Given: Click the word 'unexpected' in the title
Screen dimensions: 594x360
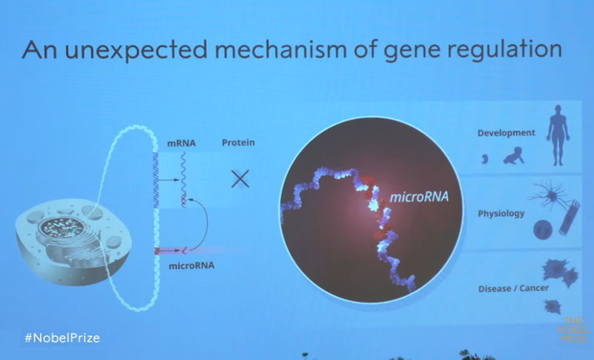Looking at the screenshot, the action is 136,50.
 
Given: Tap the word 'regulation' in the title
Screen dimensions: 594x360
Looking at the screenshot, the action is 505,50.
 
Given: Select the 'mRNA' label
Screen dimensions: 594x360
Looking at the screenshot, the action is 181,143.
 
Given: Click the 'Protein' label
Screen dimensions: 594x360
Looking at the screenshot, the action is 238,142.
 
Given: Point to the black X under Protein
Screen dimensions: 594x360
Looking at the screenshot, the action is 240,179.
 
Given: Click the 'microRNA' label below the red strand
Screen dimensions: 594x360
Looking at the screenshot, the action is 191,265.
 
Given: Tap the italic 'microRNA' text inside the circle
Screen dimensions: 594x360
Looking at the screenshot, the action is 419,196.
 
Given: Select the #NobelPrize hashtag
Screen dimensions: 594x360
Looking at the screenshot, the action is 62,338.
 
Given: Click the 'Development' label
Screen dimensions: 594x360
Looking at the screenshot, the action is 506,133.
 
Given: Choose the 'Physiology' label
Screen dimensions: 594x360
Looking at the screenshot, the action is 501,214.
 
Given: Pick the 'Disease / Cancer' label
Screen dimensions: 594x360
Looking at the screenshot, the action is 514,289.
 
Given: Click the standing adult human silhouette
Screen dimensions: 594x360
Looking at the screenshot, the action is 557,135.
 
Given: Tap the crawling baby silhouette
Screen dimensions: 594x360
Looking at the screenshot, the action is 514,156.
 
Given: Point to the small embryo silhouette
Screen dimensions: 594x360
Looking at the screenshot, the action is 485,159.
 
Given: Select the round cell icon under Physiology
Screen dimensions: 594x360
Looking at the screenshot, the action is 542,230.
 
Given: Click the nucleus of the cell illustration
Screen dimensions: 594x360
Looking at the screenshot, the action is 62,228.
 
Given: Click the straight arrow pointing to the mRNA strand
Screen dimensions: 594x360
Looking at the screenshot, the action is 169,180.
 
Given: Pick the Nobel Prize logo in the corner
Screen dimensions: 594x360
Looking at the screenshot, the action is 574,329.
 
